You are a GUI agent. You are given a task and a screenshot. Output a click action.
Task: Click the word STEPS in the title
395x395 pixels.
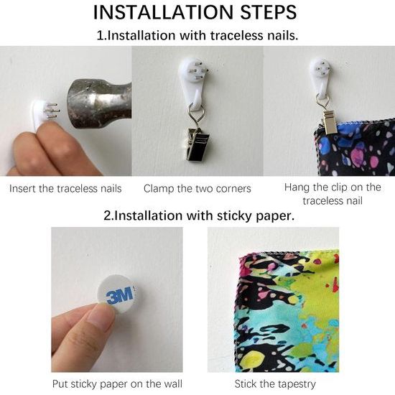(x=269, y=12)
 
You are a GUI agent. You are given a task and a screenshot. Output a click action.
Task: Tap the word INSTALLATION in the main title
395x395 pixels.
(x=163, y=12)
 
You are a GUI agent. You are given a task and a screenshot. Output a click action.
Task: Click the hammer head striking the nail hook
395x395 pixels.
(x=99, y=103)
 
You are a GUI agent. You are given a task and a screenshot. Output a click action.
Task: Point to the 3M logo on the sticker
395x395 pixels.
(x=119, y=295)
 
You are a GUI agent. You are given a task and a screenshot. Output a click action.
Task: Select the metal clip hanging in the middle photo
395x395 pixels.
(x=197, y=144)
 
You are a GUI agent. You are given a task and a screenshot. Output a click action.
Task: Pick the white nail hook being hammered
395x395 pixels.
(x=40, y=113)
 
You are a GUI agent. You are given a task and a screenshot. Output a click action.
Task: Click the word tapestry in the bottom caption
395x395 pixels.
(x=294, y=384)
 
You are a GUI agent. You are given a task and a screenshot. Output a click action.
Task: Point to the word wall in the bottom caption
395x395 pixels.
(x=173, y=384)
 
